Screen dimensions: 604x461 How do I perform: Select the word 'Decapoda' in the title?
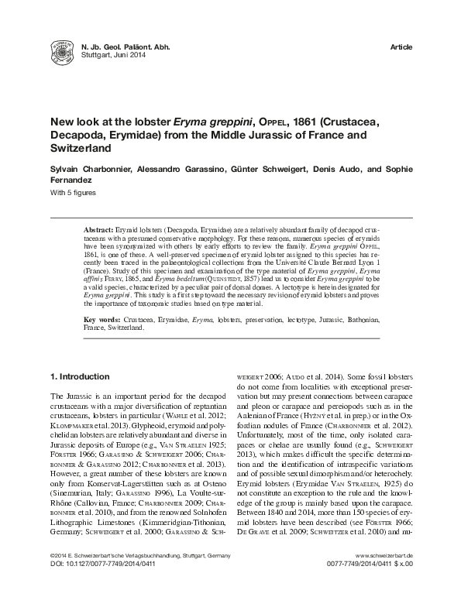81,134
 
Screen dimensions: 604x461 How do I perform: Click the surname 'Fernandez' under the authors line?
74,180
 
